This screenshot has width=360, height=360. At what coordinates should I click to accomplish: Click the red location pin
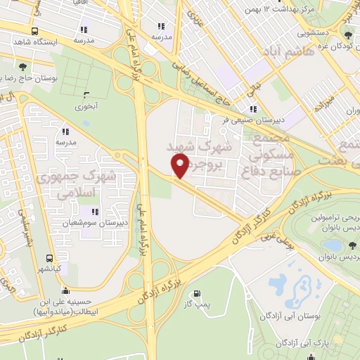tap(180, 165)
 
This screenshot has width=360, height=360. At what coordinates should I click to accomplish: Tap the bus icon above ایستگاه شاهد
tap(35, 32)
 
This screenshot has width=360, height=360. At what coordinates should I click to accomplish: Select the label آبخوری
tap(86, 108)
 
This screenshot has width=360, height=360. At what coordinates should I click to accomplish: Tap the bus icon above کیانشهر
tap(49, 258)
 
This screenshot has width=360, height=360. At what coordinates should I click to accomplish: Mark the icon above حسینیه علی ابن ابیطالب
tap(65, 292)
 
